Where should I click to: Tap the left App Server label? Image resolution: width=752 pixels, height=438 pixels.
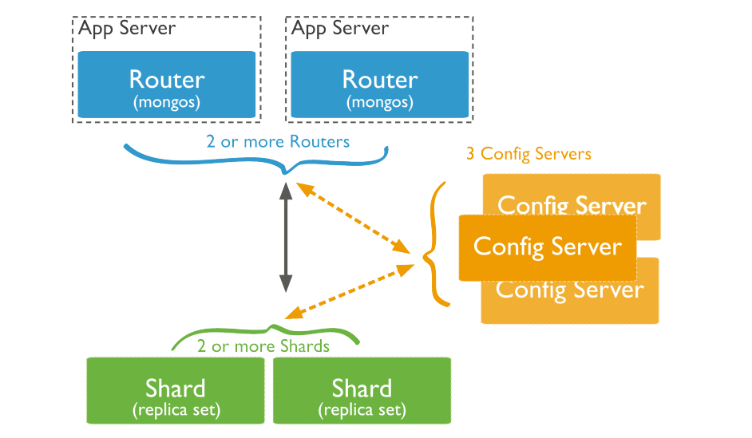click(x=127, y=29)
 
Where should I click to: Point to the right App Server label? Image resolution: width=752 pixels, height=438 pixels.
click(x=340, y=29)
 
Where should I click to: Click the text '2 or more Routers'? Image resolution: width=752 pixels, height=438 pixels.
click(x=278, y=142)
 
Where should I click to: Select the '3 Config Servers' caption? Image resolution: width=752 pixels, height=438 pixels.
click(x=528, y=153)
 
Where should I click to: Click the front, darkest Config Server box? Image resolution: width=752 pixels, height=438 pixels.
click(x=547, y=247)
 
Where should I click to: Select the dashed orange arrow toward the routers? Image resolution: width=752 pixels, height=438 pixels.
click(x=350, y=216)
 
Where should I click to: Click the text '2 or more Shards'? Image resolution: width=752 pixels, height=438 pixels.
click(x=263, y=346)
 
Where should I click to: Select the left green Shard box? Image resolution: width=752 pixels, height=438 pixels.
click(x=175, y=390)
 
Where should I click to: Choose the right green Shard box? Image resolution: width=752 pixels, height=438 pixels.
click(x=362, y=390)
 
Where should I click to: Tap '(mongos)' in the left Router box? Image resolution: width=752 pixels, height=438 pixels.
click(x=167, y=102)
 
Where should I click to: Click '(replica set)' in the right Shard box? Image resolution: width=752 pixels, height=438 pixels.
click(x=362, y=411)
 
